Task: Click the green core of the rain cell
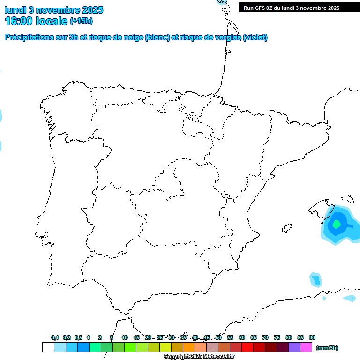[x=336, y=224]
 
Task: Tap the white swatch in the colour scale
[x=48, y=347]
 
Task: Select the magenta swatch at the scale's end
[x=306, y=347]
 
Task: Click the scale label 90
[x=312, y=337]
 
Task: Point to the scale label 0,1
[x=55, y=337]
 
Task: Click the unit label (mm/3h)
[x=327, y=348]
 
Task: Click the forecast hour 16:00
[x=21, y=21]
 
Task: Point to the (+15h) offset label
[x=81, y=21]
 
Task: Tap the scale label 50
[x=218, y=337]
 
